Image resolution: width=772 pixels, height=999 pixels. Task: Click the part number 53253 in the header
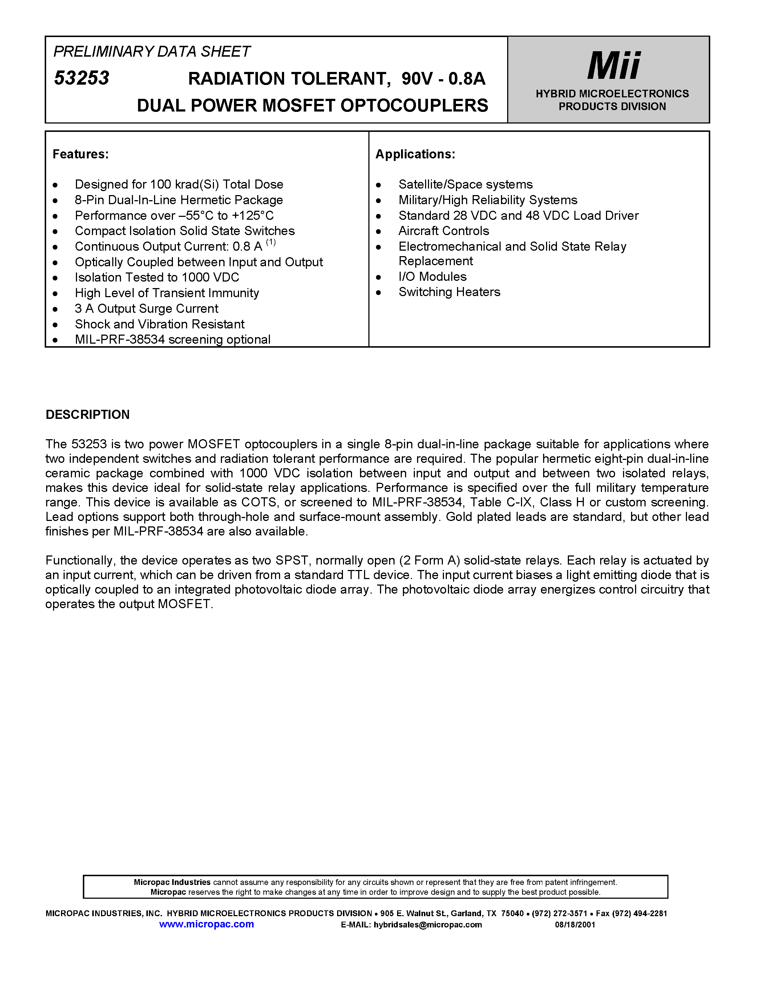point(82,78)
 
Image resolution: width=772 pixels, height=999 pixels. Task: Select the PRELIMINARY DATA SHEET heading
point(151,51)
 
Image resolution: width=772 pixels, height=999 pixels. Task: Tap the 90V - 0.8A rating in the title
point(443,79)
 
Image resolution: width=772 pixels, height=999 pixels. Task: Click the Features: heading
point(81,154)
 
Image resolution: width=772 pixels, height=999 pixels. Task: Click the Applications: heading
point(415,154)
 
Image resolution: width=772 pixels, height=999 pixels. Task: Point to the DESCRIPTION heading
point(87,414)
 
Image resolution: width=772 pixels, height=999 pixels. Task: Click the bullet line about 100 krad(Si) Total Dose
point(179,184)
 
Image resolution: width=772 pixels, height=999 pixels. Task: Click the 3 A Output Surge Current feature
point(146,308)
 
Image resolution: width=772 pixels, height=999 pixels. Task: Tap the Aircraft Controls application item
point(443,231)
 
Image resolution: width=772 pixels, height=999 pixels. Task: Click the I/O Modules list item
point(432,276)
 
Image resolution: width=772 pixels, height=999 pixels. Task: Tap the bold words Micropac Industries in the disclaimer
point(172,882)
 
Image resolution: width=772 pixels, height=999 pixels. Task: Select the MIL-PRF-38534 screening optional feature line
point(173,339)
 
